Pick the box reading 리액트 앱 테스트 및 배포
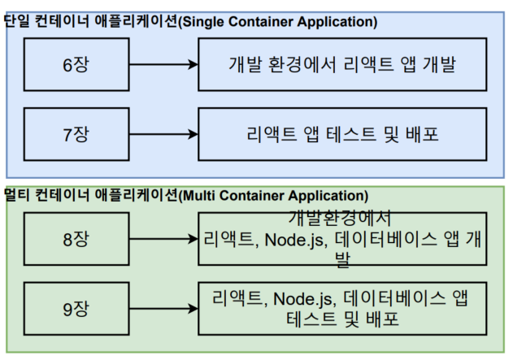[x=341, y=132]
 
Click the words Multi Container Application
[x=276, y=196]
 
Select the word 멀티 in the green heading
[x=17, y=196]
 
